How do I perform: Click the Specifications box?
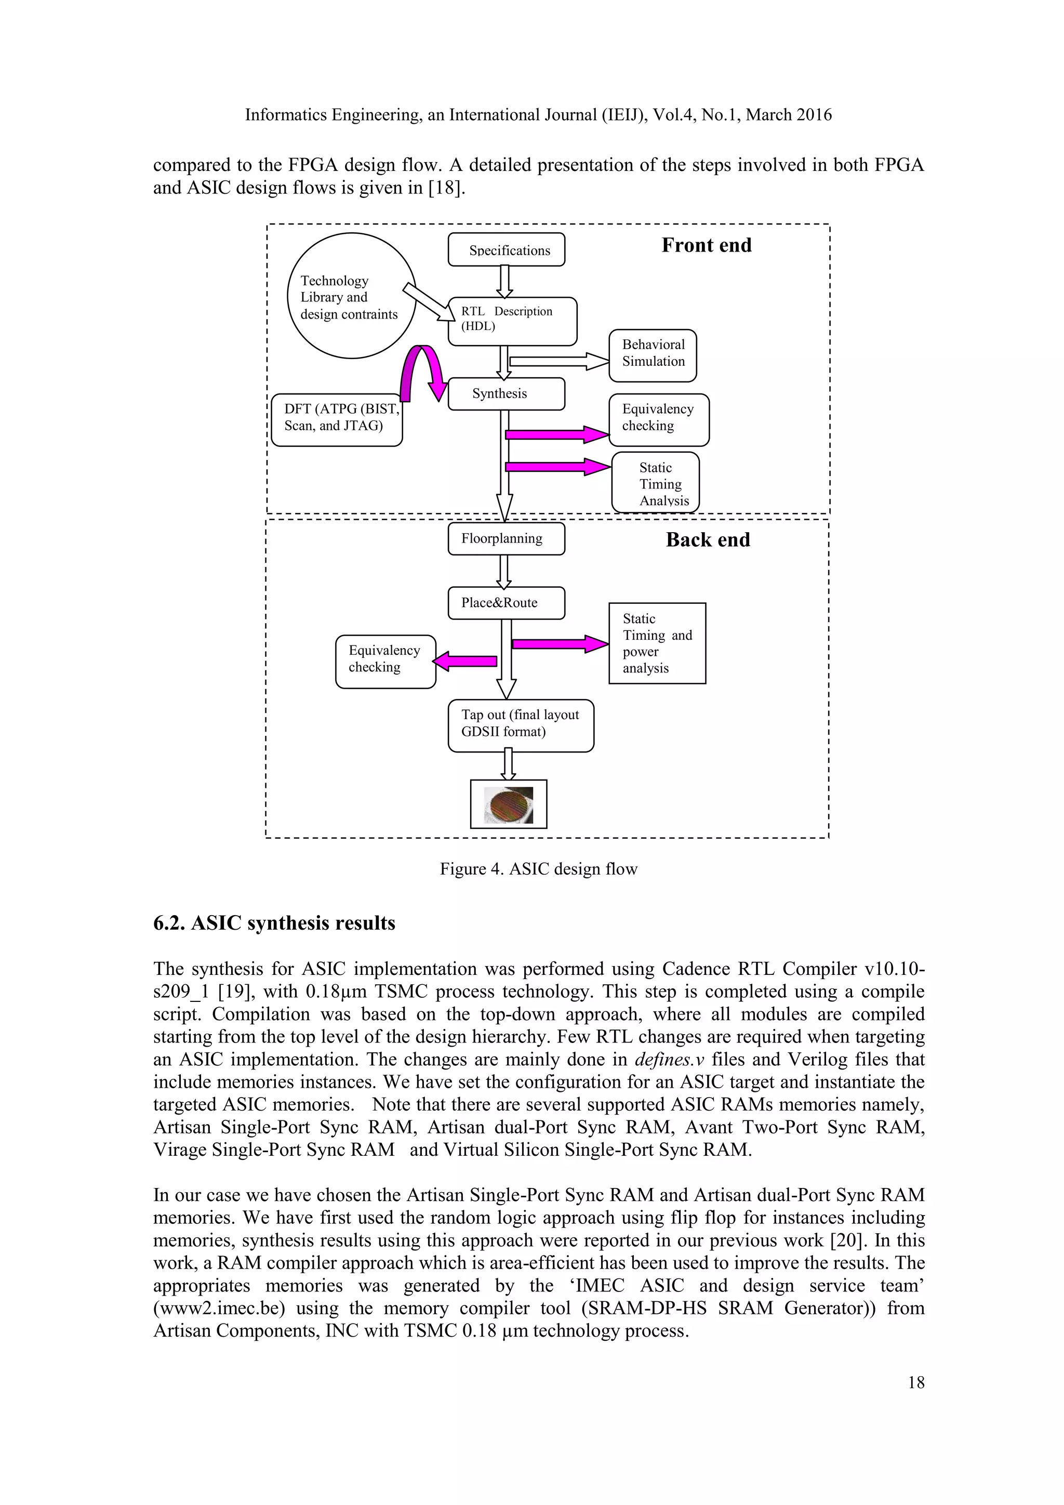[506, 250]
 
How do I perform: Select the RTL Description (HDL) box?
[512, 321]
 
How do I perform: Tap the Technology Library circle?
[352, 296]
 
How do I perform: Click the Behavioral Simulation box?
[652, 355]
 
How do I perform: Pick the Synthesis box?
[506, 394]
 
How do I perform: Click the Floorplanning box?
[506, 539]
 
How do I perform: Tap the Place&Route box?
[506, 603]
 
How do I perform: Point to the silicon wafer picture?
[509, 804]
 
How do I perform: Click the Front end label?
[706, 246]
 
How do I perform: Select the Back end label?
[708, 540]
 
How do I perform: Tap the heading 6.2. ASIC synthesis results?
[274, 923]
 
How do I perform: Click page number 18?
[916, 1382]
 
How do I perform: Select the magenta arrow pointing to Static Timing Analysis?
[557, 467]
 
